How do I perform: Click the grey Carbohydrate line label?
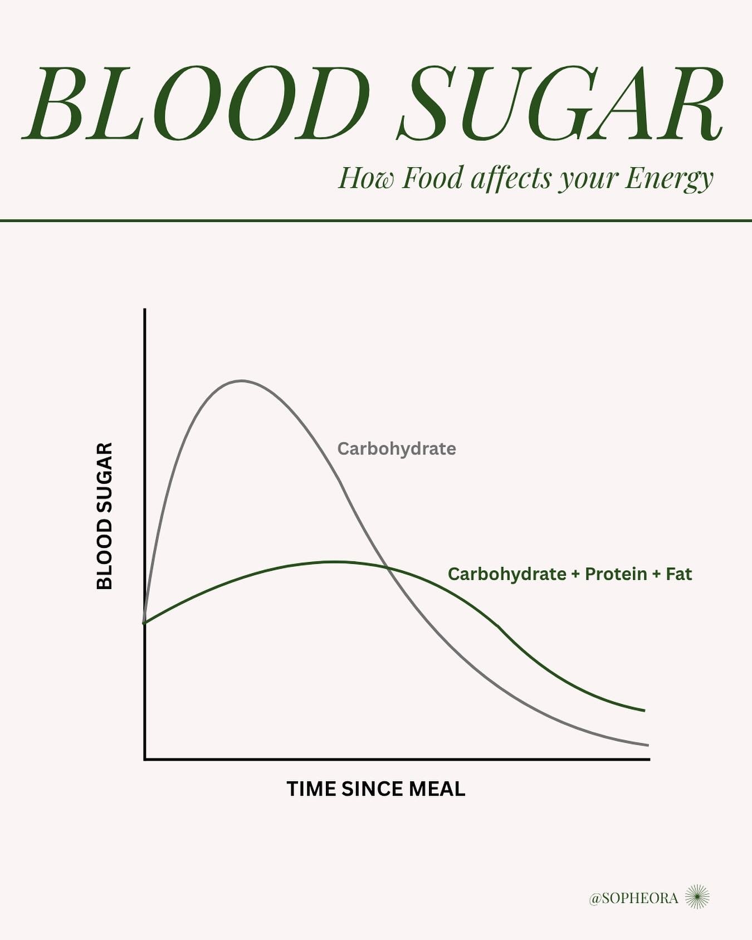coord(397,449)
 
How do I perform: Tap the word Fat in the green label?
coord(678,574)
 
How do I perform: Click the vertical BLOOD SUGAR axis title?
coord(105,516)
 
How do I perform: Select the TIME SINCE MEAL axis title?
coord(375,789)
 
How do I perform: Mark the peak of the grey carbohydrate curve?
coord(241,381)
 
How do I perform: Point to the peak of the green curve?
coord(334,561)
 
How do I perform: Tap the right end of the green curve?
coord(644,711)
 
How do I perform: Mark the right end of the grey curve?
coord(648,745)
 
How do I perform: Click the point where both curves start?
coord(145,622)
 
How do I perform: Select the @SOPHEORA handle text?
coord(633,898)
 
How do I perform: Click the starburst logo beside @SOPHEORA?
coord(697,897)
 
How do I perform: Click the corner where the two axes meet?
coord(145,758)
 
